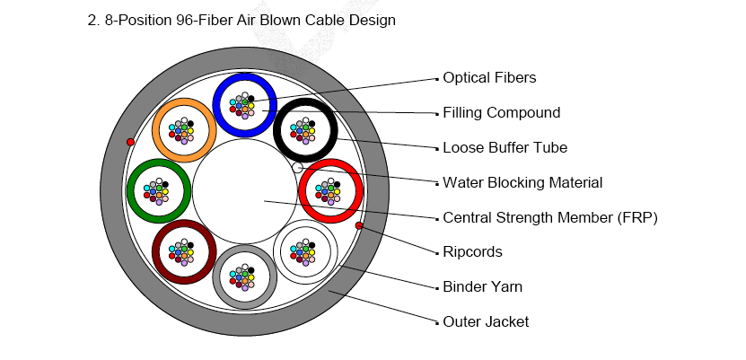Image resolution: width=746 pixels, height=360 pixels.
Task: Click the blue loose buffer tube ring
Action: click(x=219, y=105)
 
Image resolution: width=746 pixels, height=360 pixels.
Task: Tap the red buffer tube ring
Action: click(x=304, y=191)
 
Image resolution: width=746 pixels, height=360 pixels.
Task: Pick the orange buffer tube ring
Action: click(x=158, y=130)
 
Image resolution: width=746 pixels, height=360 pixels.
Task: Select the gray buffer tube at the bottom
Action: click(x=219, y=277)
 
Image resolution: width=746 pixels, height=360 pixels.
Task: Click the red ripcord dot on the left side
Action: click(x=131, y=142)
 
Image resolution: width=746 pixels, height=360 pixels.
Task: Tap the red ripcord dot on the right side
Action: click(x=359, y=225)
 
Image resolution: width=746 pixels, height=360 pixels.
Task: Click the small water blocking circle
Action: click(x=298, y=167)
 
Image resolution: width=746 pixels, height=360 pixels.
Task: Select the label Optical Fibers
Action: click(x=489, y=78)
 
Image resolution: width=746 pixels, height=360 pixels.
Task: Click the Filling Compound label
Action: click(x=501, y=113)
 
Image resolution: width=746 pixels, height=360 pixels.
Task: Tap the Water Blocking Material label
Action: click(x=522, y=183)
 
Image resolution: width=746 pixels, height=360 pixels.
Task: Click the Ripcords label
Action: click(x=472, y=252)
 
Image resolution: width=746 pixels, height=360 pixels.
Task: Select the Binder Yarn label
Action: click(x=482, y=287)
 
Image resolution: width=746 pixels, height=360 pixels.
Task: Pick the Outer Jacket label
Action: click(x=486, y=321)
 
